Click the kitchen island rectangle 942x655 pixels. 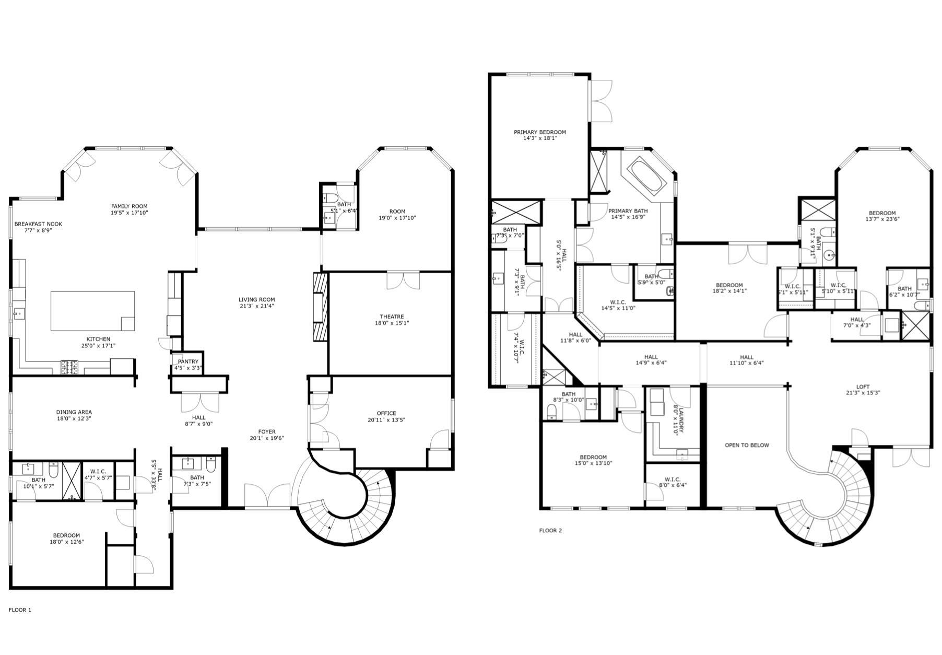[92, 311]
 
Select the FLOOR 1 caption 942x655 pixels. [20, 610]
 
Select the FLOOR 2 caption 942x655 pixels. [550, 530]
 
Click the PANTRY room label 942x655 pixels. [188, 361]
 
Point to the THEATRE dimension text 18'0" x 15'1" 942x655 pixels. [392, 323]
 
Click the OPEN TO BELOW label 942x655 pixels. [747, 445]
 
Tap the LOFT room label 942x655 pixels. [863, 387]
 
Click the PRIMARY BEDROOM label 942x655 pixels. [539, 132]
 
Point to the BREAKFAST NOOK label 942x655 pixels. [38, 224]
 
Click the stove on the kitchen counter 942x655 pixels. [69, 368]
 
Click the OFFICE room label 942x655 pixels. [386, 413]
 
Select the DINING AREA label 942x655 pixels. [74, 412]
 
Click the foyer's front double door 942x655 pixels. [267, 496]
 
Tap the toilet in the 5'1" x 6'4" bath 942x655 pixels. [330, 198]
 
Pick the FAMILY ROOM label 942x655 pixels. [129, 206]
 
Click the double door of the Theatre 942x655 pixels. [403, 280]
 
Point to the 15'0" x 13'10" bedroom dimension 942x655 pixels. [593, 463]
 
